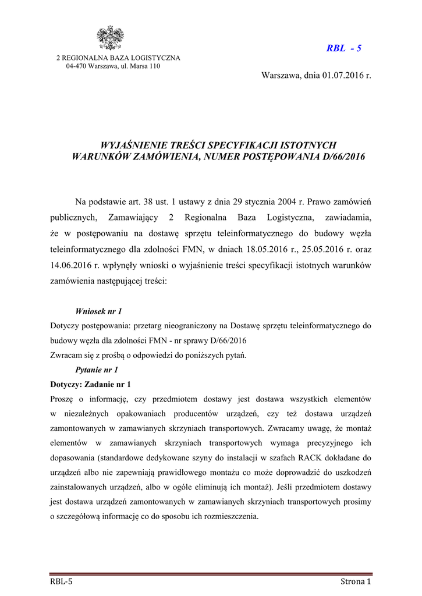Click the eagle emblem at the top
click(110, 38)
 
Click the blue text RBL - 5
click(343, 48)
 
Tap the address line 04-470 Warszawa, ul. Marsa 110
click(113, 66)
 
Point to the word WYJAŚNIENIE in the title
click(133, 144)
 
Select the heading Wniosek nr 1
click(98, 311)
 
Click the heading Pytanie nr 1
click(97, 370)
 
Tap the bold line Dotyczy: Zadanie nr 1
click(91, 384)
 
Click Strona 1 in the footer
click(356, 581)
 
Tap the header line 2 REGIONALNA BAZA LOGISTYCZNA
click(118, 58)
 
